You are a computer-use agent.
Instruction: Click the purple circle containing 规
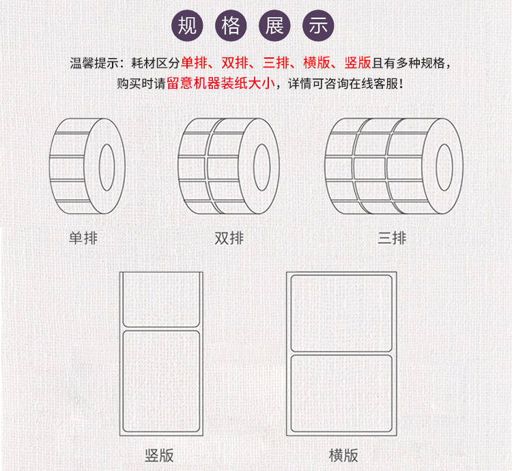[x=187, y=26]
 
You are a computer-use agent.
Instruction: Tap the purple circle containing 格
[x=231, y=26]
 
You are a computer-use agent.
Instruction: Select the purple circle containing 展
[x=274, y=26]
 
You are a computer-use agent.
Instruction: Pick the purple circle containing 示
[x=318, y=26]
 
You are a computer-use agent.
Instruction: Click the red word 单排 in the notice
[x=194, y=63]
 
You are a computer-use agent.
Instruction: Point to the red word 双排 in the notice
[x=235, y=63]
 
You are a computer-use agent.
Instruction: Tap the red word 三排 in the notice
[x=276, y=63]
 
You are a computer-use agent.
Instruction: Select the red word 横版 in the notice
[x=317, y=63]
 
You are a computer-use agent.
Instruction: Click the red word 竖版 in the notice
[x=358, y=63]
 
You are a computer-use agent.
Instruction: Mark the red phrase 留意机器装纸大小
[x=221, y=83]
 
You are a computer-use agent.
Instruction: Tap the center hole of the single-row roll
[x=106, y=167]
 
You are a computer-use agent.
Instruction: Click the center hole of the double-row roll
[x=262, y=167]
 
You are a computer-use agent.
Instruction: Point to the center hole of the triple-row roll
[x=444, y=167]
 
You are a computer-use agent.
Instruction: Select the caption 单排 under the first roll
[x=83, y=238]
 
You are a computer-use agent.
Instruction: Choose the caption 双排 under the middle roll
[x=229, y=238]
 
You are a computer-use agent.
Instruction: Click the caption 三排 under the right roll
[x=392, y=238]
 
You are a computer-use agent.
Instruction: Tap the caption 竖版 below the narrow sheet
[x=159, y=455]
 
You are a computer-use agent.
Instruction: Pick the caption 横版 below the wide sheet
[x=343, y=455]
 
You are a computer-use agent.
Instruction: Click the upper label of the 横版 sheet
[x=341, y=313]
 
